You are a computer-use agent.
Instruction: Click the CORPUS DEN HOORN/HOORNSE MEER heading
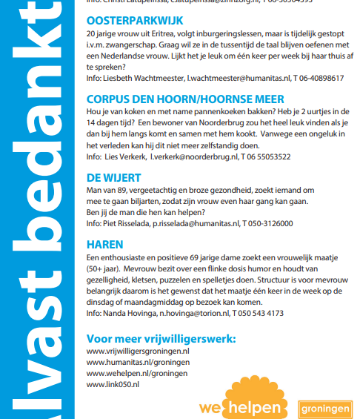tap(185, 99)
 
